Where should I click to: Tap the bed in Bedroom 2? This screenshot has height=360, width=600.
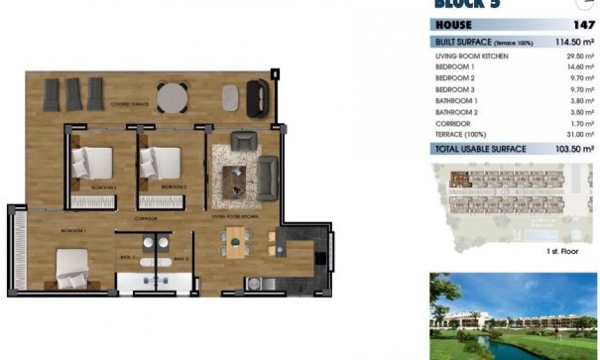click(x=93, y=164)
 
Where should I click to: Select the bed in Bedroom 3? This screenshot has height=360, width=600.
click(x=159, y=163)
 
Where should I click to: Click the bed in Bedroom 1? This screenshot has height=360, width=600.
click(x=76, y=265)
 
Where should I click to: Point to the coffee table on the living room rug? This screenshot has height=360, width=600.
click(x=236, y=177)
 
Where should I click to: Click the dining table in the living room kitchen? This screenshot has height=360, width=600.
click(x=236, y=241)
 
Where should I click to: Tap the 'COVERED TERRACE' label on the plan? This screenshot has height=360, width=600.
click(x=129, y=104)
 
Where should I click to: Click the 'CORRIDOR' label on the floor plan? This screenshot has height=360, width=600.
click(x=147, y=218)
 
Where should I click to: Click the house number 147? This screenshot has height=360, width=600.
click(x=583, y=24)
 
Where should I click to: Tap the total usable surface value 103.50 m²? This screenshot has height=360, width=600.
click(x=573, y=148)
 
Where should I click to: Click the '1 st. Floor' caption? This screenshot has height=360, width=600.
click(x=563, y=252)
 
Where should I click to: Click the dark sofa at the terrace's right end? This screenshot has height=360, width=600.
click(x=257, y=96)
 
